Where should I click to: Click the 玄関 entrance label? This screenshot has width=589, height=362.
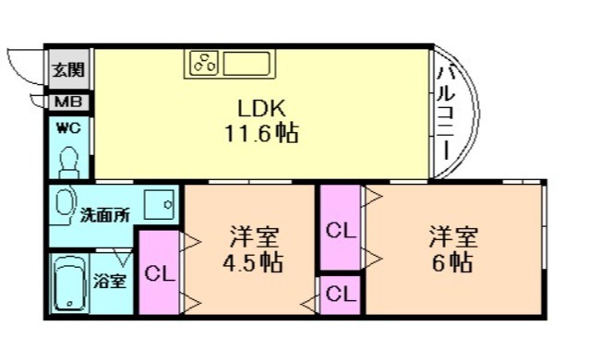(x=68, y=69)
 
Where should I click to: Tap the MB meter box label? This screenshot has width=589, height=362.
(x=68, y=102)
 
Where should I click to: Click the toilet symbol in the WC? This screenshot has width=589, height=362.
(x=69, y=162)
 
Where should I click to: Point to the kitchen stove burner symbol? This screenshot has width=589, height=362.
(x=203, y=64)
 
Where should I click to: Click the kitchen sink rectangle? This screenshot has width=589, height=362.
(x=245, y=64)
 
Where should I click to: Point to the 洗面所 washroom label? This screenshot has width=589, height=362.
(x=103, y=215)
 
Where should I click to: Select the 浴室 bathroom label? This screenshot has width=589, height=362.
(x=114, y=280)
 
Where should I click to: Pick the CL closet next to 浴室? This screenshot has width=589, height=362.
(x=160, y=273)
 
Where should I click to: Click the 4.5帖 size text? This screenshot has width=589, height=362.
(x=251, y=262)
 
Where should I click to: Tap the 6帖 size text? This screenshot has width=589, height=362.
(x=452, y=262)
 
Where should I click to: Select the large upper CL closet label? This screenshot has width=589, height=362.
(x=342, y=231)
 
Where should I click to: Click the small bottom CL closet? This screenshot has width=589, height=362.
(x=342, y=296)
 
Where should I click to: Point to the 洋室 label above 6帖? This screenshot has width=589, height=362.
(x=452, y=235)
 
